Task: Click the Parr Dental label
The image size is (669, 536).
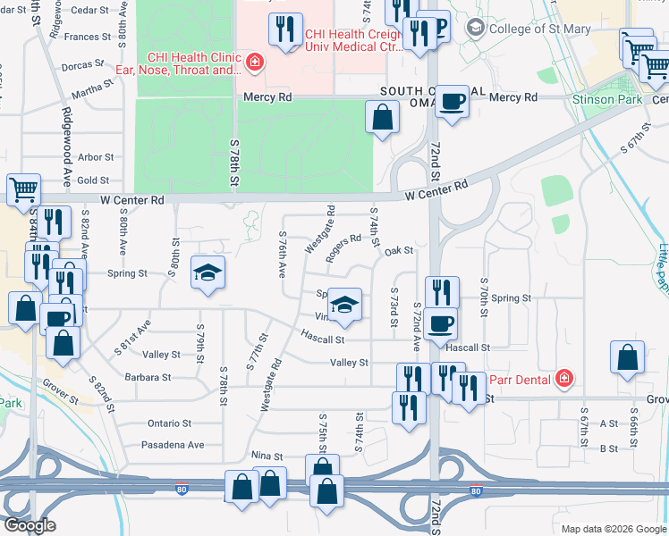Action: (518, 378)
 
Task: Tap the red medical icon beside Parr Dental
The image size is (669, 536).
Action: (563, 379)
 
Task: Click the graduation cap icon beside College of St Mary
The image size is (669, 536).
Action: (474, 28)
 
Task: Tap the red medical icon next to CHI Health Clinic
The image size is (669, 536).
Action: (255, 61)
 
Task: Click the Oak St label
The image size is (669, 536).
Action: (398, 251)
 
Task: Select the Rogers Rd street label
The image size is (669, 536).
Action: (343, 249)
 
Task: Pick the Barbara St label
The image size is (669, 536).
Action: (148, 378)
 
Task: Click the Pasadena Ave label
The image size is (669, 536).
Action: (173, 444)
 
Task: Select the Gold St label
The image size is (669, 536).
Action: (93, 180)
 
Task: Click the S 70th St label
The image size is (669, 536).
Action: (483, 291)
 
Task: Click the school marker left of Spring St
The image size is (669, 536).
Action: (207, 272)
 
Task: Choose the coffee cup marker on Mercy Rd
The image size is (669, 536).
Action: (453, 100)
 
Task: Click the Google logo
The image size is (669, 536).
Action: (29, 525)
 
